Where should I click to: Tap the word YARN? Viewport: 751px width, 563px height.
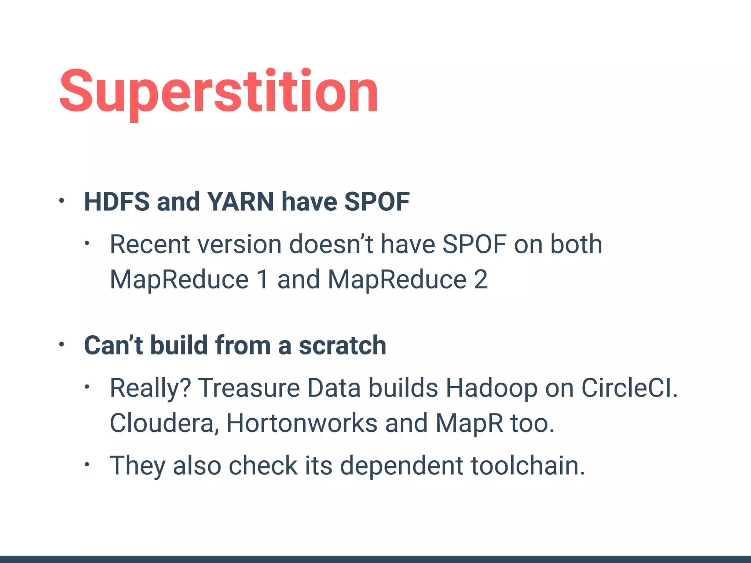(x=240, y=202)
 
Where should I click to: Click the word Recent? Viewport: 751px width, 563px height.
(x=150, y=244)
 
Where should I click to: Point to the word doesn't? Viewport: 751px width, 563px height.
(x=331, y=244)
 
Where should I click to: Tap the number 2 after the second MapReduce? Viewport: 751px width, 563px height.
(x=480, y=280)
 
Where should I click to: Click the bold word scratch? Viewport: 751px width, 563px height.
(x=342, y=345)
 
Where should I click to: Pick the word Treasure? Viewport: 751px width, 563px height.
(x=249, y=388)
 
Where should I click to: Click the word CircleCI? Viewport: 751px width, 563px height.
(x=629, y=388)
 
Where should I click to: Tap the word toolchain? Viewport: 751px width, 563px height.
(x=527, y=466)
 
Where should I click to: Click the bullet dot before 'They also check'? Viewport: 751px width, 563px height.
(x=87, y=465)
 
